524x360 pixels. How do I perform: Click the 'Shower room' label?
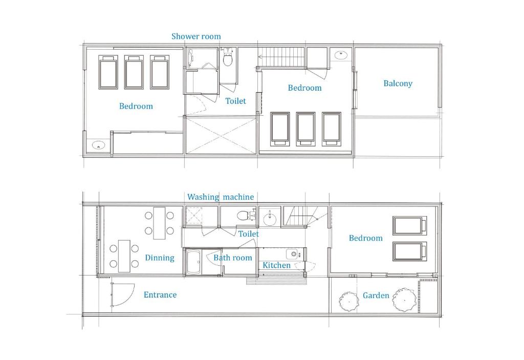[x=196, y=36]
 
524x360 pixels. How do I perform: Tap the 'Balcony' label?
[x=398, y=83]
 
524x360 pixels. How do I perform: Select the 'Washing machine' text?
[x=220, y=197]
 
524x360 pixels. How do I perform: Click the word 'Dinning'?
[x=160, y=258]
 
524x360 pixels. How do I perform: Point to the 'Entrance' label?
[x=160, y=295]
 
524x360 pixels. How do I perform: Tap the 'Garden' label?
[x=376, y=295]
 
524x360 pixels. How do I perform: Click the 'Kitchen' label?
[x=276, y=265]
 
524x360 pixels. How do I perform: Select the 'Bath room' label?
[x=233, y=258]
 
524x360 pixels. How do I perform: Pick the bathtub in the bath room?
[x=193, y=262]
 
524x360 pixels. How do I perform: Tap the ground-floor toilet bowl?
[x=245, y=215]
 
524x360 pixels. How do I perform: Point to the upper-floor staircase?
[x=281, y=57]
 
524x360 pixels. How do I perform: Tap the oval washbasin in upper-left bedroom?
[x=98, y=145]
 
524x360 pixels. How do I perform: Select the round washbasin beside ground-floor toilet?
[x=270, y=220]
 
